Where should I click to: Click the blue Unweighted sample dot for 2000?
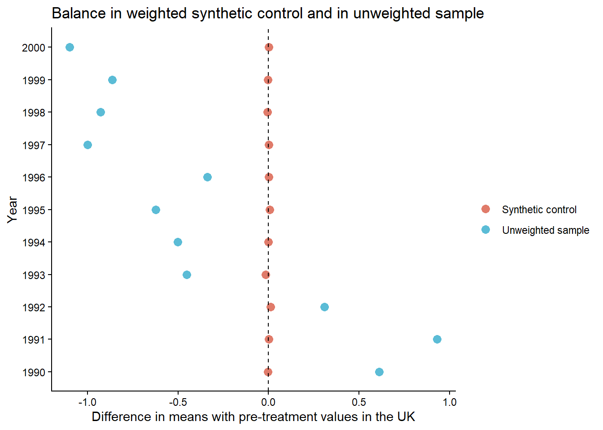[x=70, y=47]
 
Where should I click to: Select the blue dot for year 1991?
[x=437, y=340]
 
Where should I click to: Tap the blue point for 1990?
[x=379, y=372]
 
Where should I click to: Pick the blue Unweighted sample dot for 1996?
[x=207, y=177]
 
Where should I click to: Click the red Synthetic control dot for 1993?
[x=266, y=275]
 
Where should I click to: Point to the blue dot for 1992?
[x=324, y=307]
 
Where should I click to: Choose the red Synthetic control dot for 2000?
[x=269, y=47]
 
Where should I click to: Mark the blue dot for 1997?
[x=87, y=145]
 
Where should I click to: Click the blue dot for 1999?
[x=112, y=80]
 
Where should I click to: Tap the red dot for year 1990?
[x=268, y=372]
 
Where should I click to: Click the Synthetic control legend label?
[x=539, y=210]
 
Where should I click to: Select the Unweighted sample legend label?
[x=545, y=230]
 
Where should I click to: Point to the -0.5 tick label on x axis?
[x=178, y=402]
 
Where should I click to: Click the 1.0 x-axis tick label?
[x=450, y=402]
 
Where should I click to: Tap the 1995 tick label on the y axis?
[x=34, y=210]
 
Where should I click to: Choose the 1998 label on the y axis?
[x=34, y=113]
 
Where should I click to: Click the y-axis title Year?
[x=13, y=210]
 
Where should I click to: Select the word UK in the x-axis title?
[x=406, y=417]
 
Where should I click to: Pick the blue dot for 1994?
[x=178, y=242]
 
